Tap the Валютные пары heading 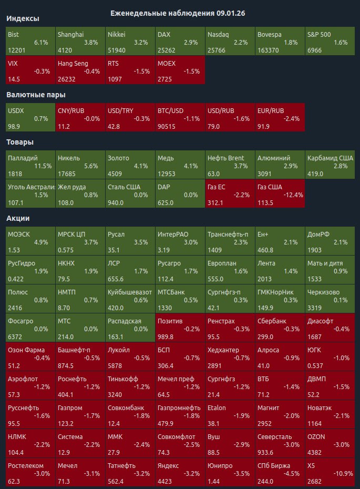(x=35, y=95)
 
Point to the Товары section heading (x=20, y=142)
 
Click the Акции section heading (x=18, y=218)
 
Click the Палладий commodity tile (x=29, y=165)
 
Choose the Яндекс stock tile (x=180, y=473)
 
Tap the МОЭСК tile (x=29, y=241)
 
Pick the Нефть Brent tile (x=230, y=165)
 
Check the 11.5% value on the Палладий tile (x=43, y=166)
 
